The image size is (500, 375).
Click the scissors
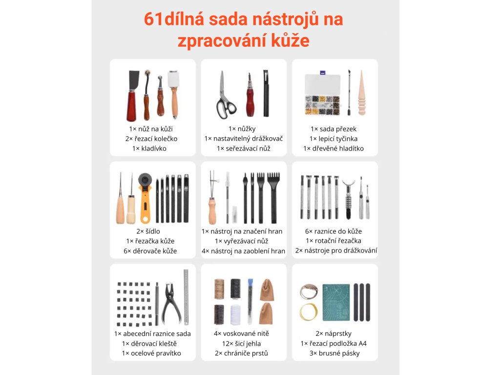[x=225, y=96]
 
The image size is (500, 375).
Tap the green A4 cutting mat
[x=336, y=303]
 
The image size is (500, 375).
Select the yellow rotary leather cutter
[x=145, y=198]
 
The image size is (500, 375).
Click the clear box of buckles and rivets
[x=322, y=94]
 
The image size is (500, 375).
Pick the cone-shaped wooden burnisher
[x=361, y=93]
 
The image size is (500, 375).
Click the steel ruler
[x=186, y=297]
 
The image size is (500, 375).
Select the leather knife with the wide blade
[x=133, y=96]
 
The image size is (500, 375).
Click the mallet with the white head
[x=173, y=94]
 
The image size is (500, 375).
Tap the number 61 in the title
[x=153, y=19]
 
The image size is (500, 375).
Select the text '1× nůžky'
[x=242, y=129]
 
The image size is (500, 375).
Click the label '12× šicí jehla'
[x=241, y=343]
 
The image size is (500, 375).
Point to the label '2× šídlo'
[x=148, y=231]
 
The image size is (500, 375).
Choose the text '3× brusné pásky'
[x=334, y=353]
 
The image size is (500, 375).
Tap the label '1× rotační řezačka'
[x=333, y=241]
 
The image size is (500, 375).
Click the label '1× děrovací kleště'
[x=149, y=343]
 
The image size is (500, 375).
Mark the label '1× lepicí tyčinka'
[x=333, y=139]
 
